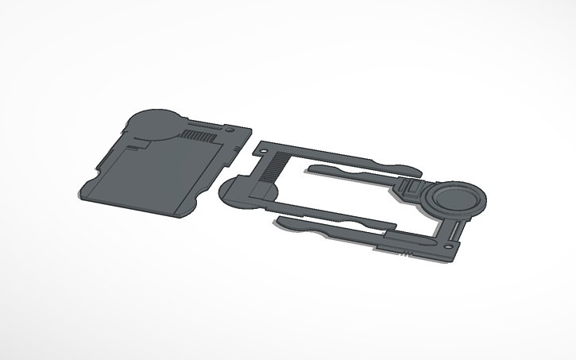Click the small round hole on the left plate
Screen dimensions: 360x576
click(230, 128)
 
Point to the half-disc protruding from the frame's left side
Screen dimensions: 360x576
click(234, 193)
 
